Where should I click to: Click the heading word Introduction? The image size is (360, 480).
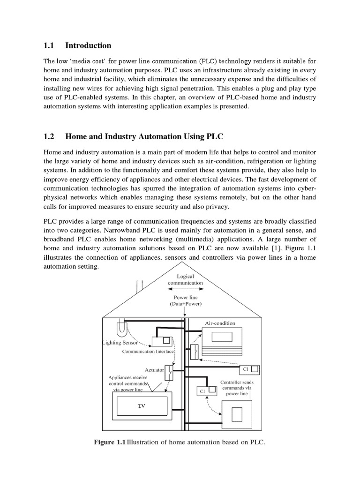tap(88, 45)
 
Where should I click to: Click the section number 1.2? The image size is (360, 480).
tap(49, 136)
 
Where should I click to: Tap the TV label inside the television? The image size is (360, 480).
tap(141, 406)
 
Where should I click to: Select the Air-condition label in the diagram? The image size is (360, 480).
tap(220, 323)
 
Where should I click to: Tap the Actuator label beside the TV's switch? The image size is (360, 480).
tap(154, 370)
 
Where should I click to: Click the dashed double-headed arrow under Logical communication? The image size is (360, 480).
tap(185, 290)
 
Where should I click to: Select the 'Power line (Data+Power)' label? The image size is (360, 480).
tap(185, 300)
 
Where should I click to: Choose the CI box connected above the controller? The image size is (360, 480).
tap(207, 390)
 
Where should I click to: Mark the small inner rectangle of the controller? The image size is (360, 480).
tap(239, 415)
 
